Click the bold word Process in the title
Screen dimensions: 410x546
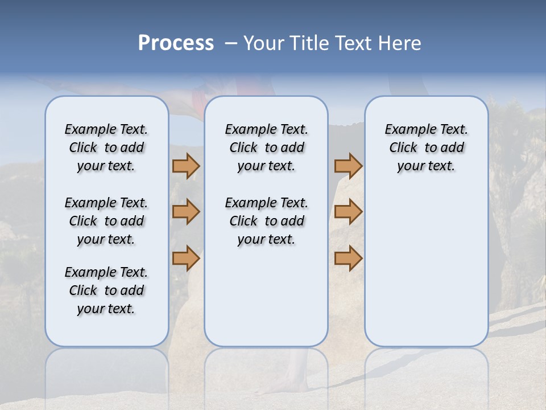coord(176,43)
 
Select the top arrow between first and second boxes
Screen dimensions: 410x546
coord(186,166)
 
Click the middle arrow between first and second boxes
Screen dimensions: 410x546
coord(186,212)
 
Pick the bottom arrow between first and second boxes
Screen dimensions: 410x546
coord(186,258)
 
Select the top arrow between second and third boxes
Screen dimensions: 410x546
coord(348,166)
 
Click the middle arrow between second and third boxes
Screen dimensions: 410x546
coord(348,212)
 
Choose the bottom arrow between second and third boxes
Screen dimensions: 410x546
coord(348,258)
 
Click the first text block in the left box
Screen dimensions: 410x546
coord(106,147)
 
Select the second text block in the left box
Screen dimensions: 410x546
coord(106,221)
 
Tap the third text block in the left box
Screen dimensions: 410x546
coord(106,290)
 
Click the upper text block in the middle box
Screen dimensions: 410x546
coord(266,147)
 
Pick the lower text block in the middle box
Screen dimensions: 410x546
coord(266,221)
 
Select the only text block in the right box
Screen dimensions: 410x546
coord(426,147)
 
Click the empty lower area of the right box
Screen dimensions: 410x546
coord(426,268)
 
